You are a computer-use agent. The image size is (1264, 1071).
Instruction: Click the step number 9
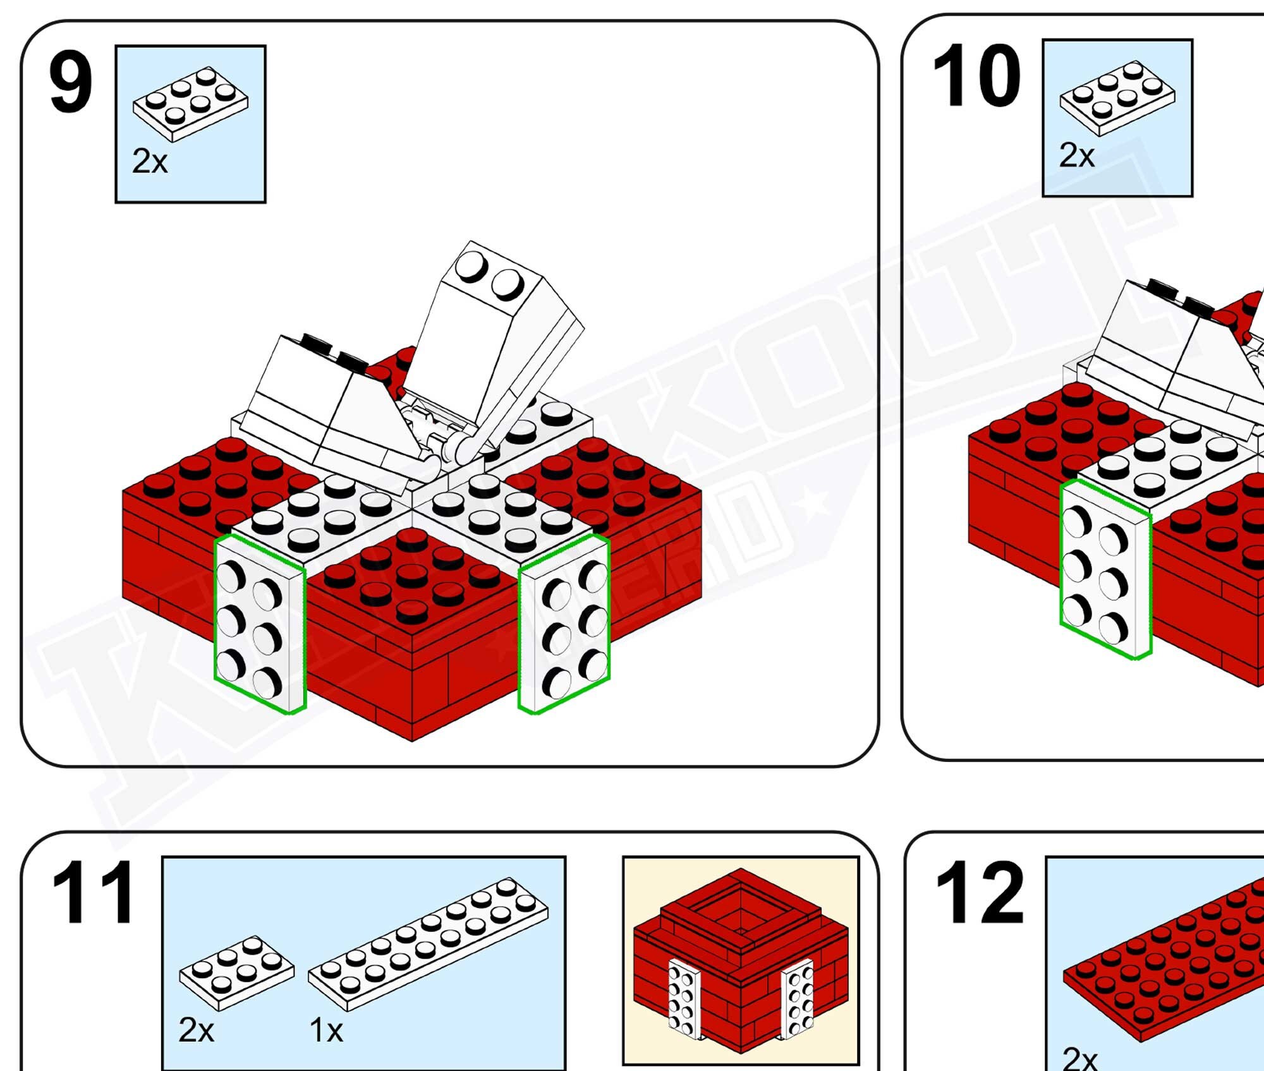click(x=71, y=84)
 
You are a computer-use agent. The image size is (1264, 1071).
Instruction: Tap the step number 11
click(x=93, y=892)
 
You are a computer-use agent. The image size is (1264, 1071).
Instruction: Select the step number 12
click(x=979, y=892)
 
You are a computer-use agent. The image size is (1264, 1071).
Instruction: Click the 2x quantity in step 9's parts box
click(x=150, y=162)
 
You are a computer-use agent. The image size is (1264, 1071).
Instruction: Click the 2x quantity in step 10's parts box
click(x=1077, y=155)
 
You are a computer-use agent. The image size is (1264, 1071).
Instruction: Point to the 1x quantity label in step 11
click(x=326, y=1031)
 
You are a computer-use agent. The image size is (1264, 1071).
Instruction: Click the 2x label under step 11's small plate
click(x=196, y=1030)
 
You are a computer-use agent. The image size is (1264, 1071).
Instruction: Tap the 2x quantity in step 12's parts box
click(x=1079, y=1058)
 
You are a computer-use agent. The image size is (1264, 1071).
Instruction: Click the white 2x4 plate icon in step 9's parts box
click(x=190, y=104)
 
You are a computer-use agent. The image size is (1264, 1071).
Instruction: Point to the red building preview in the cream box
click(x=740, y=961)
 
